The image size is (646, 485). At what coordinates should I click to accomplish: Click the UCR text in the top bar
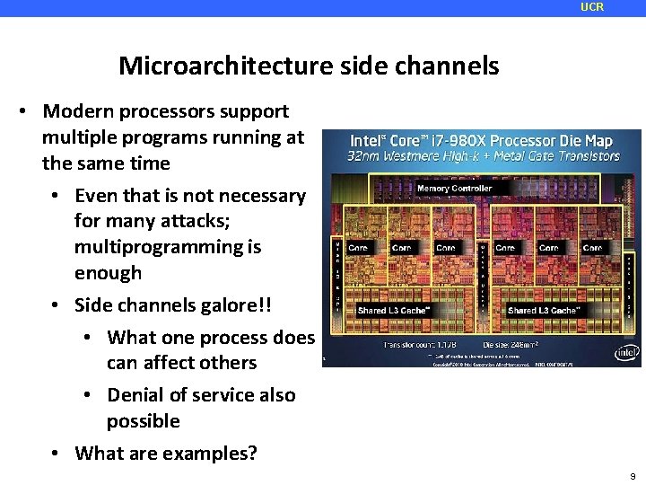[x=592, y=7]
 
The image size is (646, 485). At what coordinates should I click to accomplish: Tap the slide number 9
[x=633, y=476]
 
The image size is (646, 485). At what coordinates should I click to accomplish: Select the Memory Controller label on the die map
[x=454, y=189]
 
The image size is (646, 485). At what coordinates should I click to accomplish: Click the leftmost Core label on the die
[x=358, y=248]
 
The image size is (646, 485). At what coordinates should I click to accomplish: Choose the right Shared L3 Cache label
[x=544, y=311]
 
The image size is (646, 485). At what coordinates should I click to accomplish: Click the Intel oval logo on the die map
[x=625, y=352]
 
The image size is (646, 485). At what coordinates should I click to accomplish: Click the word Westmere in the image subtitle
[x=410, y=155]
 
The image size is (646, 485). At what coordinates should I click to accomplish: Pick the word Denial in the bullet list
[x=135, y=395]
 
